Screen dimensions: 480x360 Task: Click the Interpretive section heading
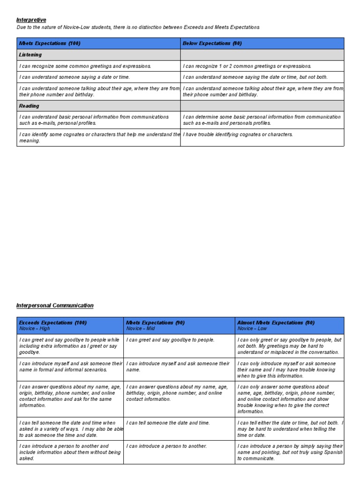pos(31,20)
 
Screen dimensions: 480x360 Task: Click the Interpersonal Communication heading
pos(55,305)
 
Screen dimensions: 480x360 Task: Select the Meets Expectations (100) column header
pos(50,44)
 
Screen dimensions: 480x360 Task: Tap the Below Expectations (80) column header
pos(212,44)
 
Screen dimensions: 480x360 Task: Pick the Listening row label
pos(30,55)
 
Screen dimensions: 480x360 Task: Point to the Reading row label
pos(29,106)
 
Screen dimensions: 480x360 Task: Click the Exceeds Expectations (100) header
pos(52,322)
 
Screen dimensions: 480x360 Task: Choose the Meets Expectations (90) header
pos(155,322)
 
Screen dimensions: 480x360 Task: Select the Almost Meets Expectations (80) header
pos(276,322)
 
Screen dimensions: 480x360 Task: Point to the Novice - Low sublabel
pos(252,329)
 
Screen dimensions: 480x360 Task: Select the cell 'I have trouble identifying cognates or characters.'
pos(238,135)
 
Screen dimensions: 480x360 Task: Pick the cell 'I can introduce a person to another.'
pos(166,446)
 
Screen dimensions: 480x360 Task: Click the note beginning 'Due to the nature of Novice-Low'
pos(138,27)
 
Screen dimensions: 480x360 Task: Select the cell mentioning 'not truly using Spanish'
pos(290,452)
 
